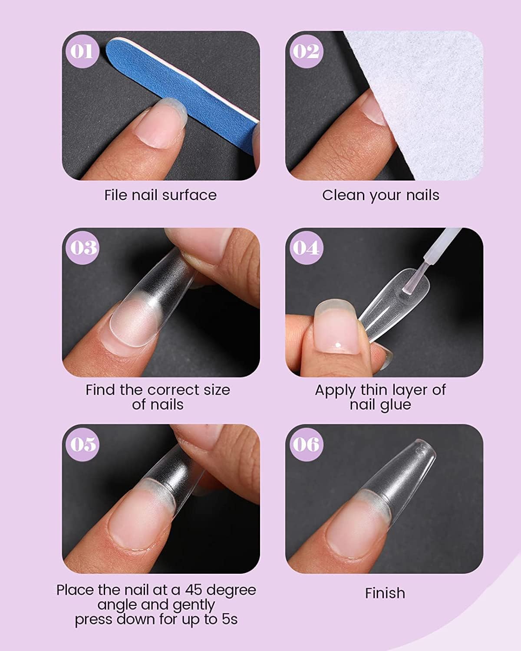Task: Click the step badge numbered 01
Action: click(x=82, y=51)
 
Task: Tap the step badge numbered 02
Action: click(x=306, y=51)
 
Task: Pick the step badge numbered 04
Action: click(x=306, y=247)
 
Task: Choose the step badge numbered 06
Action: click(x=306, y=444)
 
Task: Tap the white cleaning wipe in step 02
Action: click(x=425, y=100)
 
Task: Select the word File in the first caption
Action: click(x=115, y=195)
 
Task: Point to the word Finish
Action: click(x=385, y=593)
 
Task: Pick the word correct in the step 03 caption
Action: click(x=177, y=390)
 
